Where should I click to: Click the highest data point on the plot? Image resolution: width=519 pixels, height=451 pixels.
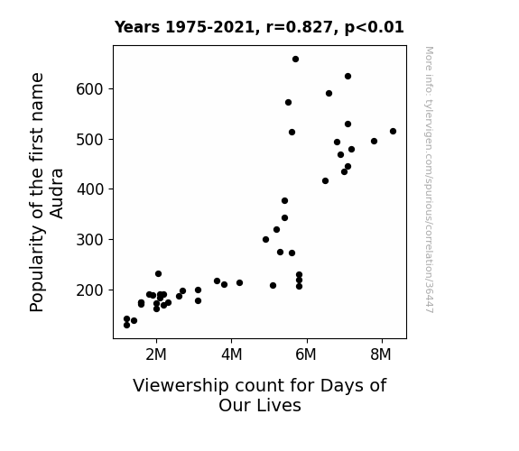click(295, 60)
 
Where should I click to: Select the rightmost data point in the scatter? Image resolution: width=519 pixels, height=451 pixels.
click(393, 132)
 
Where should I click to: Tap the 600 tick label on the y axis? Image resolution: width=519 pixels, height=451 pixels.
click(90, 89)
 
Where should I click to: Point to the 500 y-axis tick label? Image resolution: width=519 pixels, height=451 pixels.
click(90, 140)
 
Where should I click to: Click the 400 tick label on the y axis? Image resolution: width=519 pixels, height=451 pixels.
click(90, 189)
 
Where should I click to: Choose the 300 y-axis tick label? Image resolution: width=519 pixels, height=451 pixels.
click(90, 240)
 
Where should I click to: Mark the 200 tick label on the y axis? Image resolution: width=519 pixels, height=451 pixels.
click(90, 290)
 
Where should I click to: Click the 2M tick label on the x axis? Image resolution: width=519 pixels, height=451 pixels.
click(156, 354)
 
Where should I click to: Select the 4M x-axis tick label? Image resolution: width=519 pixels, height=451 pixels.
click(231, 354)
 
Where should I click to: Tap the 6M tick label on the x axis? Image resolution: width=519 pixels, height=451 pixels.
click(306, 354)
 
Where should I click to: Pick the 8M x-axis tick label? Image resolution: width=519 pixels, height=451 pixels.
click(381, 354)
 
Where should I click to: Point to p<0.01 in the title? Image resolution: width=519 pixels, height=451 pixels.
click(375, 28)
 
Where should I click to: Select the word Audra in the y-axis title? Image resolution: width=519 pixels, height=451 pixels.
click(57, 194)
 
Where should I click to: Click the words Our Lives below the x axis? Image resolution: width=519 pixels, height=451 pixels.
click(260, 405)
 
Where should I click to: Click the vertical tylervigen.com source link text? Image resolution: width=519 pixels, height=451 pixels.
click(429, 179)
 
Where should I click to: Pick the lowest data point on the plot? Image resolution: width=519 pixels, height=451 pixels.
click(126, 326)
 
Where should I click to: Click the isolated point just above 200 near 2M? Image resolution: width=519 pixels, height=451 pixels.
click(159, 274)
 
